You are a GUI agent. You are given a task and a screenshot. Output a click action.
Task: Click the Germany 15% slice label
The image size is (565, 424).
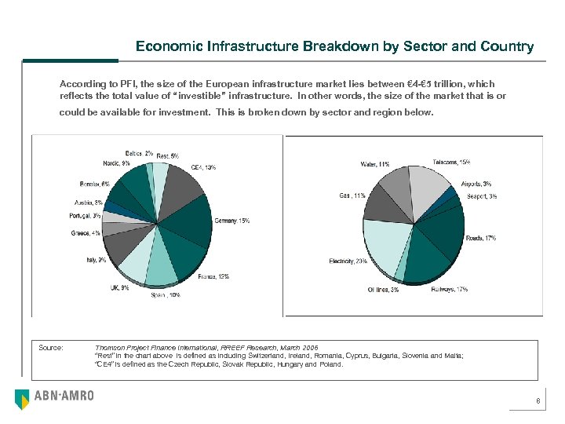tap(232, 221)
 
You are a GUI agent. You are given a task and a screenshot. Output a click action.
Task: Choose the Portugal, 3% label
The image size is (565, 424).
tap(85, 216)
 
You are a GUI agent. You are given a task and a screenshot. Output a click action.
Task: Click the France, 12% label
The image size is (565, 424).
tap(213, 276)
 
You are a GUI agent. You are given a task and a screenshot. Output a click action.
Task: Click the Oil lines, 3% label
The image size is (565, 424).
tap(383, 290)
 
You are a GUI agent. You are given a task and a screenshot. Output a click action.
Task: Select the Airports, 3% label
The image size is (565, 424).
tap(476, 184)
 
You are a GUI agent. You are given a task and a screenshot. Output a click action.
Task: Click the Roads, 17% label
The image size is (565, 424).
tap(480, 238)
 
